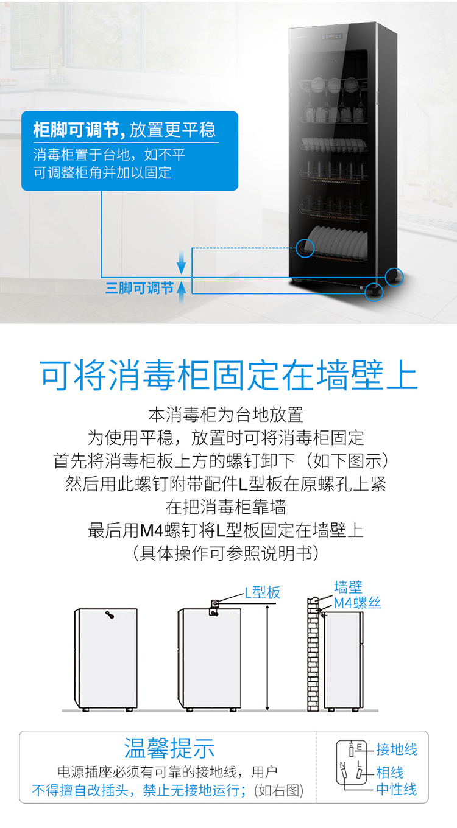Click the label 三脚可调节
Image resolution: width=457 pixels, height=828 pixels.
(x=140, y=288)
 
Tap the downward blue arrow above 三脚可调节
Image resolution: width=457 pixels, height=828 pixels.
(x=182, y=262)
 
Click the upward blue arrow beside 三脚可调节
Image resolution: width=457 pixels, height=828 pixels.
(x=182, y=292)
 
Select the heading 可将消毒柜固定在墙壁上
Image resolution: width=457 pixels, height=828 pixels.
(x=228, y=375)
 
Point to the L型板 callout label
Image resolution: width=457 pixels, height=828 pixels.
(x=263, y=592)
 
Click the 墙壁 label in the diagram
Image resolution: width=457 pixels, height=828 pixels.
(x=348, y=587)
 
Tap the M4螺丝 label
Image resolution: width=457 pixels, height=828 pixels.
(x=357, y=603)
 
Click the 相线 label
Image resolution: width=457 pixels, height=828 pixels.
(x=389, y=772)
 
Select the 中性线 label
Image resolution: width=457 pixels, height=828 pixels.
(x=397, y=789)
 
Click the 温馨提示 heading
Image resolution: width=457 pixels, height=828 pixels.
(x=169, y=748)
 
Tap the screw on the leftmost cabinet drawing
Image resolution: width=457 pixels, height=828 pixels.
(x=110, y=615)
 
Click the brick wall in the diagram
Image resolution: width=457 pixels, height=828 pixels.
(x=313, y=654)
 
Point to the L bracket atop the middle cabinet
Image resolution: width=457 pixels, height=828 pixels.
(x=214, y=608)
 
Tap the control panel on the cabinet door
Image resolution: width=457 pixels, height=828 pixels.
(x=332, y=37)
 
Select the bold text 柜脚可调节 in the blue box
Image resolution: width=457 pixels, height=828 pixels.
(x=76, y=130)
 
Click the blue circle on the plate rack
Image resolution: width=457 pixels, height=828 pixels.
(x=305, y=248)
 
